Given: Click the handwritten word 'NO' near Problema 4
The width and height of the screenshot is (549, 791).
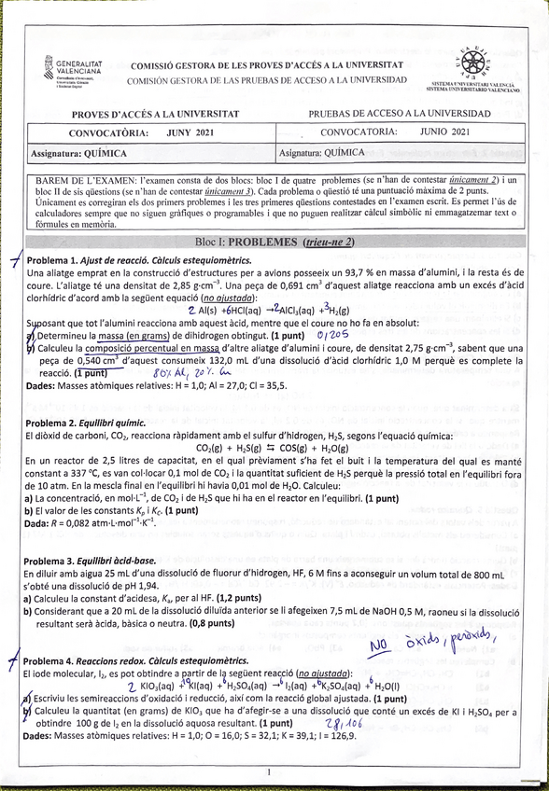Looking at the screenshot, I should click(x=378, y=645).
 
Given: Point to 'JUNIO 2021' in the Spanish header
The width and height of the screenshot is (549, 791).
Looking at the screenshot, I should click(x=445, y=132).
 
